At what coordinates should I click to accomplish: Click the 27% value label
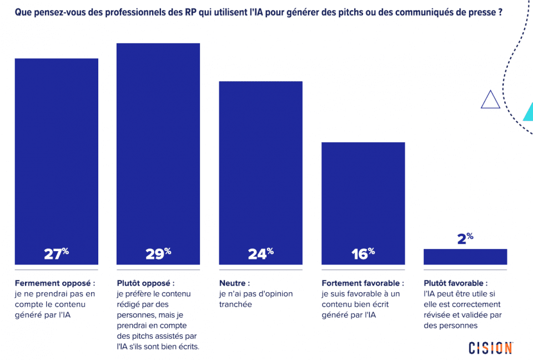coord(56,254)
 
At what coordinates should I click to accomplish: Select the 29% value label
coord(158,254)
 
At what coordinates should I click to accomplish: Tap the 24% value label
coord(260,254)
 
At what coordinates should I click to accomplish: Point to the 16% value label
coord(363,254)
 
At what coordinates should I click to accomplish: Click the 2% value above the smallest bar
coord(465,239)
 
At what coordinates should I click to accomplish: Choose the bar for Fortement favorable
coord(363,194)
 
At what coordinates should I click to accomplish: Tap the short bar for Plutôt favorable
coord(465,257)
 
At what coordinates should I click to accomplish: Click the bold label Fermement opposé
coord(54,283)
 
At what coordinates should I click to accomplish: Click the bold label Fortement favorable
coord(363,283)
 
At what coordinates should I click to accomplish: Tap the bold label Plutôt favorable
coord(455,283)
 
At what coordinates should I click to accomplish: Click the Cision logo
coord(490,348)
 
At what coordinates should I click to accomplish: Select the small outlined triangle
coord(490,99)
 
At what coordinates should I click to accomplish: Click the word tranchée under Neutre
coord(235,304)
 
